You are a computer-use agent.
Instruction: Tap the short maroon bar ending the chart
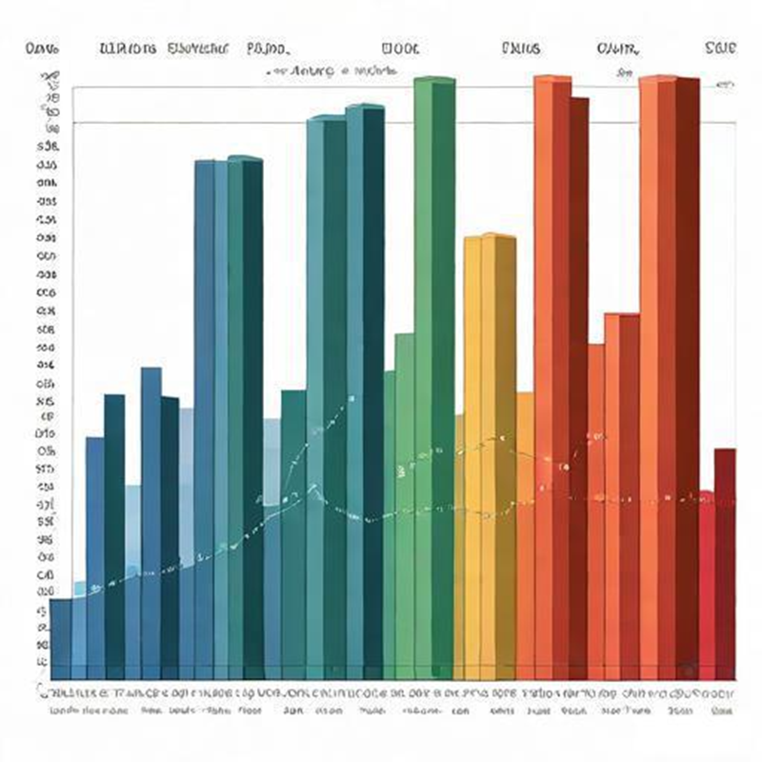click(725, 562)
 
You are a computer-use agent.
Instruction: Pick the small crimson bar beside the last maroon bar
click(706, 581)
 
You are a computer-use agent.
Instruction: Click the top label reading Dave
click(44, 48)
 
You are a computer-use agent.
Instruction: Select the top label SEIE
click(720, 48)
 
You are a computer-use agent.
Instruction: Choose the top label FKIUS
click(519, 48)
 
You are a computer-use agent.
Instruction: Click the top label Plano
click(270, 48)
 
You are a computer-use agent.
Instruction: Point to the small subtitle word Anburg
click(307, 70)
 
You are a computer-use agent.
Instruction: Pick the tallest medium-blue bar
click(204, 410)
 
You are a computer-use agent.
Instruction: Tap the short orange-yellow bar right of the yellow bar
click(525, 533)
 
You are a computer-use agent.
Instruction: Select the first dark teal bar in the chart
click(114, 533)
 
